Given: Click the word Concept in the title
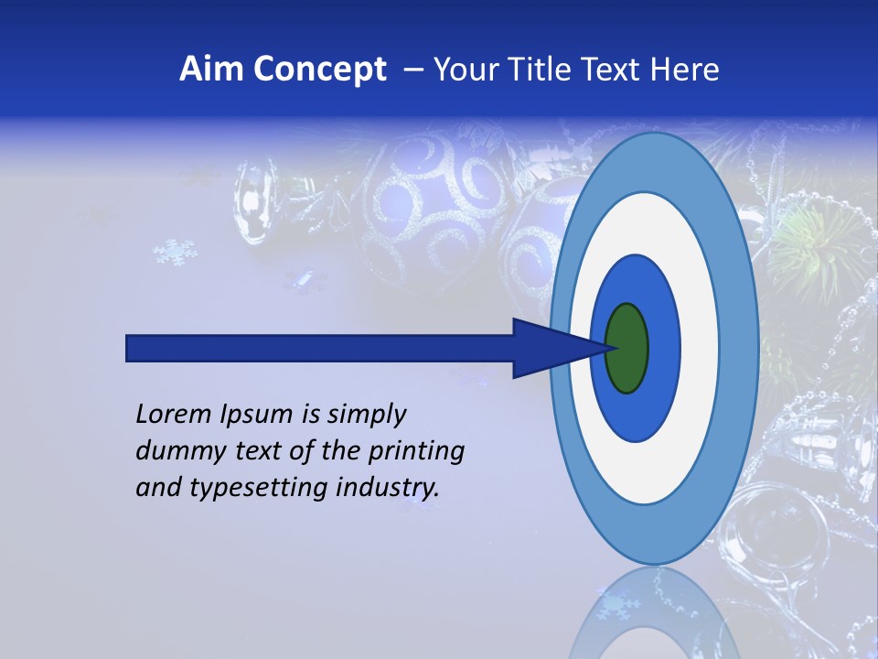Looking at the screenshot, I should tap(319, 69).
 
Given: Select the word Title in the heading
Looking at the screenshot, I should tap(541, 69).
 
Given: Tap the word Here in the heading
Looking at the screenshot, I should tap(684, 69).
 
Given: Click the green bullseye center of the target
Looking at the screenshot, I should tap(626, 349).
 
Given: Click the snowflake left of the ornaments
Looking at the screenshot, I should tap(174, 252).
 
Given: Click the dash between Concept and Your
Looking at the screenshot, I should tap(413, 69).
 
